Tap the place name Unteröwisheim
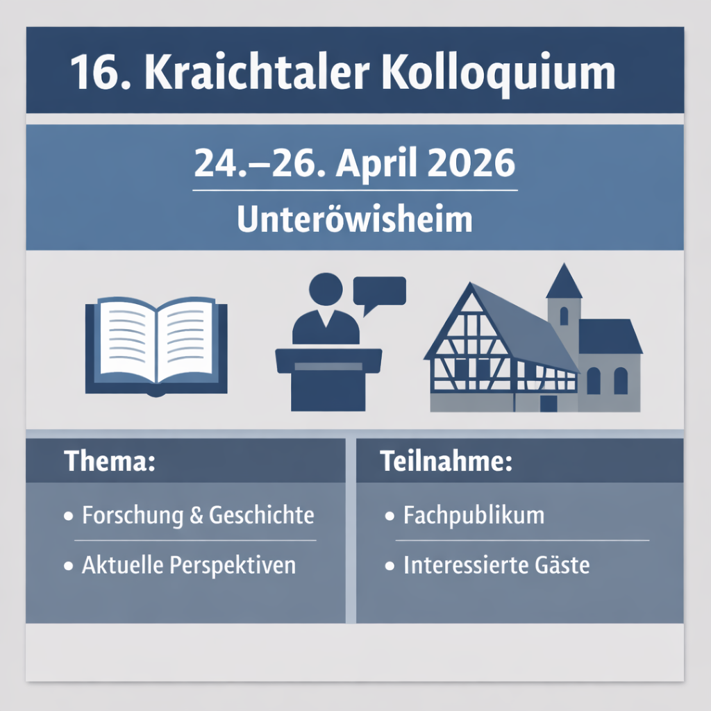pyautogui.click(x=354, y=220)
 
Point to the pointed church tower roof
pyautogui.click(x=563, y=283)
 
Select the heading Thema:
pyautogui.click(x=110, y=462)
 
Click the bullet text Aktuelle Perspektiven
pyautogui.click(x=189, y=565)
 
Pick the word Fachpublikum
pyautogui.click(x=474, y=516)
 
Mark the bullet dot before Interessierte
pyautogui.click(x=389, y=567)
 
